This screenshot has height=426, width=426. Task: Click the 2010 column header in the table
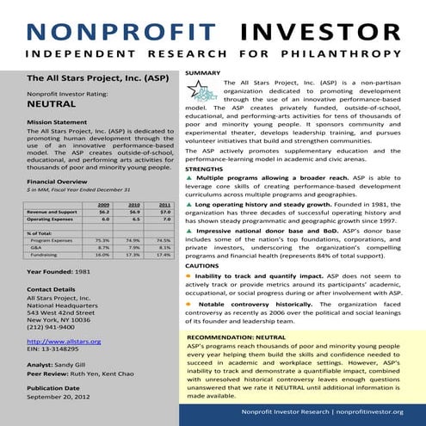pos(134,204)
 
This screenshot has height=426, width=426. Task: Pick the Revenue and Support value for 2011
pos(165,211)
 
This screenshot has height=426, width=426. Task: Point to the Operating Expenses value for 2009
pos(102,219)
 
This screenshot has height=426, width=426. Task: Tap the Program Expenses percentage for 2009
pos(102,240)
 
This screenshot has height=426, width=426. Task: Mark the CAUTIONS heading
pos(203,265)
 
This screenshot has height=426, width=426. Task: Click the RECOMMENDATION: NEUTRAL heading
pos(236,335)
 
